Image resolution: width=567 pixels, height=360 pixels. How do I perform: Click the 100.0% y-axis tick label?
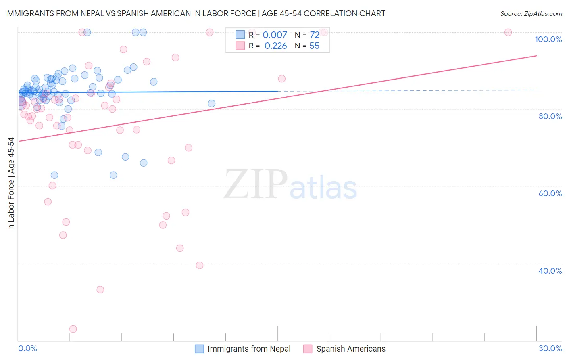pyautogui.click(x=548, y=39)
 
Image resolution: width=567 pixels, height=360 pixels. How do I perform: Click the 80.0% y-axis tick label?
pyautogui.click(x=550, y=116)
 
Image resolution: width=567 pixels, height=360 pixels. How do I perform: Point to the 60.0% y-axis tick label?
pyautogui.click(x=550, y=193)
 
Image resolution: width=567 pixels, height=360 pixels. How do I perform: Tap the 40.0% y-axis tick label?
pyautogui.click(x=550, y=271)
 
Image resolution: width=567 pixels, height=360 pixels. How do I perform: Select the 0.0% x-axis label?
pyautogui.click(x=27, y=349)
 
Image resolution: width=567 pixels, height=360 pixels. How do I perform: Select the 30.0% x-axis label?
pyautogui.click(x=550, y=349)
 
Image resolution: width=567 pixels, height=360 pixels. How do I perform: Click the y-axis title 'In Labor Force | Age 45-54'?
pyautogui.click(x=11, y=184)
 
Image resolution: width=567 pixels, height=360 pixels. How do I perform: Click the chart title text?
pyautogui.click(x=195, y=13)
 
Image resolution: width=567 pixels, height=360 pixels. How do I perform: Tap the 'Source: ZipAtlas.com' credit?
pyautogui.click(x=531, y=13)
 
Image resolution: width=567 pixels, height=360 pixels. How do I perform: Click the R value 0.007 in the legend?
pyautogui.click(x=275, y=35)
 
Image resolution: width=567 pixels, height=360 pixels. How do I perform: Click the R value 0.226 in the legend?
pyautogui.click(x=275, y=46)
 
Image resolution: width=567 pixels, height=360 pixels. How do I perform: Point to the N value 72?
pyautogui.click(x=315, y=35)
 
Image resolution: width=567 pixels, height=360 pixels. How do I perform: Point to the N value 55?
pyautogui.click(x=314, y=46)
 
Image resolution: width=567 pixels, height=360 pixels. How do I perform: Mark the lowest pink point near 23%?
pyautogui.click(x=73, y=329)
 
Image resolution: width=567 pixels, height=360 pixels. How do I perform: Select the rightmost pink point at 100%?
pyautogui.click(x=508, y=32)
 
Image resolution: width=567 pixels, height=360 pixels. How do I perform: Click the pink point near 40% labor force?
pyautogui.click(x=200, y=265)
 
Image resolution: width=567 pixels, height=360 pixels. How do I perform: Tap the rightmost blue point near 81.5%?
pyautogui.click(x=212, y=103)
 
